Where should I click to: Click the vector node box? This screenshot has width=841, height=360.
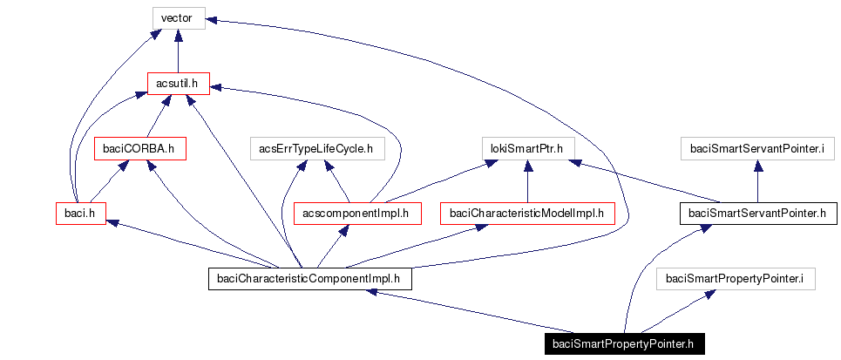(x=177, y=17)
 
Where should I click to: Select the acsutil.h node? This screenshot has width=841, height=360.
(x=178, y=83)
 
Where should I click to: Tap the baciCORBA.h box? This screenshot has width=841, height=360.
(x=139, y=148)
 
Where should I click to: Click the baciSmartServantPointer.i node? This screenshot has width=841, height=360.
(x=756, y=148)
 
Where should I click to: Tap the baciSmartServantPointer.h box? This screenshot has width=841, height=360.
(x=756, y=212)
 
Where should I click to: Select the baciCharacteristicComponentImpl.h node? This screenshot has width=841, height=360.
(x=309, y=279)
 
